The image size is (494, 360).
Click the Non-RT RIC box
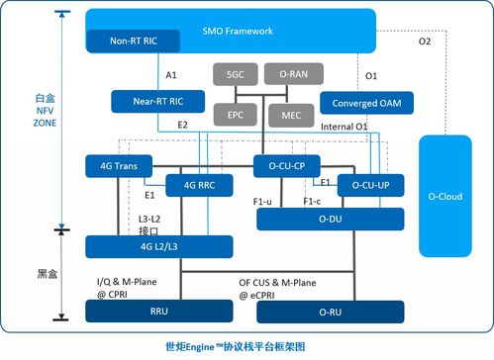(120, 41)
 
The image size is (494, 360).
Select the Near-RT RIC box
(149, 100)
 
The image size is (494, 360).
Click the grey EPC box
(236, 115)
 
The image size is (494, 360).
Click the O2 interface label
(425, 42)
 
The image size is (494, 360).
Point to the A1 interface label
(171, 75)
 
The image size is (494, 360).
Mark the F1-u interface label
(263, 201)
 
